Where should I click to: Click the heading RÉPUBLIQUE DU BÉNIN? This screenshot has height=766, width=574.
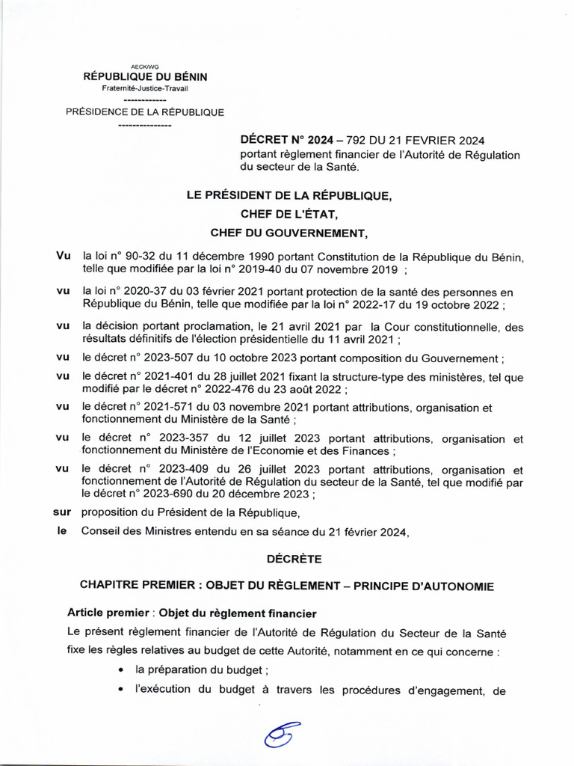[x=145, y=77]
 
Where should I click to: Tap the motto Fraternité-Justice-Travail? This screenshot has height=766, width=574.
[x=145, y=88]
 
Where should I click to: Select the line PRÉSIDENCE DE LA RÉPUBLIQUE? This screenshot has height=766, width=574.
[x=145, y=112]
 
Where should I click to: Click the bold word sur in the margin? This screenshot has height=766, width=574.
[x=61, y=513]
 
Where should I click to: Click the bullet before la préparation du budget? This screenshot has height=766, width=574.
[x=121, y=670]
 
